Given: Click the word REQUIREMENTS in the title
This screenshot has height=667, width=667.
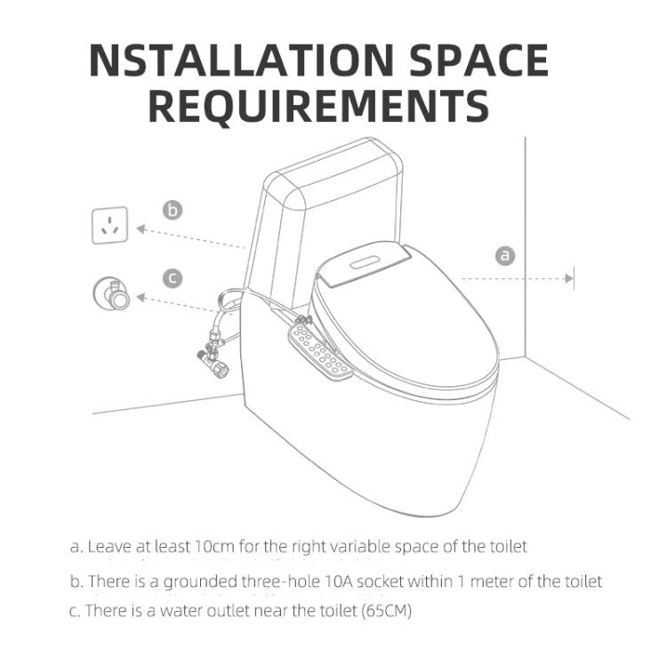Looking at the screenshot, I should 318,106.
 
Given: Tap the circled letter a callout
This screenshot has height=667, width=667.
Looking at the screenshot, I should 504,255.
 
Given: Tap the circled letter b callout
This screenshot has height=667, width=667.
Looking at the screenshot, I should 173,210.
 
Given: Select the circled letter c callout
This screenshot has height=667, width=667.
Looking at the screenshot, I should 173,278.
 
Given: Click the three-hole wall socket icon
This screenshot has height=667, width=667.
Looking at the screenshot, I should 110,225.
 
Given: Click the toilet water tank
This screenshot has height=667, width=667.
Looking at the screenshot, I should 293,222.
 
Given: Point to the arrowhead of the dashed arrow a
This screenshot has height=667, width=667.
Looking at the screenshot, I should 569,278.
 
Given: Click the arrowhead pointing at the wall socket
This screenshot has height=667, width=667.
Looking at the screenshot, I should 141,229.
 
